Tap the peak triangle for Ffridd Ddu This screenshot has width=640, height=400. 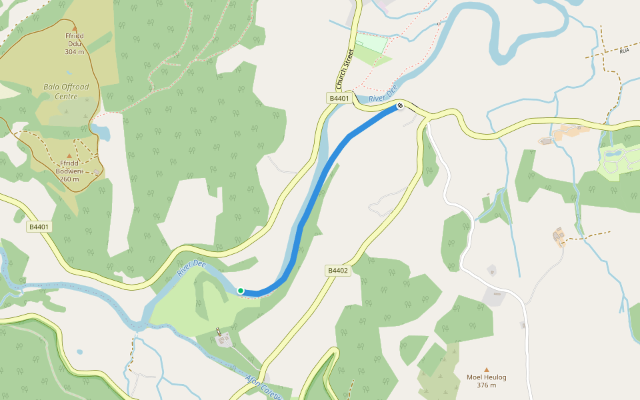(74, 27)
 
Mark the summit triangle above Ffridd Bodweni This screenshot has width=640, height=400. (69, 155)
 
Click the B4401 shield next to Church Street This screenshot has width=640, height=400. (339, 98)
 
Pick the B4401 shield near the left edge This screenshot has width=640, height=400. (39, 227)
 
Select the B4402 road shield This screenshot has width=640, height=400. (338, 270)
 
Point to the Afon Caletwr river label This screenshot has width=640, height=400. (265, 387)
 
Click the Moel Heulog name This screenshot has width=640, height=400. (487, 377)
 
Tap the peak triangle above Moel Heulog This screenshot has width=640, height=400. (487, 369)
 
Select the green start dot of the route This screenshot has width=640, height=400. (241, 291)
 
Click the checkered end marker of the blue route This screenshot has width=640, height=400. (400, 106)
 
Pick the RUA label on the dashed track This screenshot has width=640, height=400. (624, 51)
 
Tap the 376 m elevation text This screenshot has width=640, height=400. (487, 385)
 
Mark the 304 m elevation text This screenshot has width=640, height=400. (74, 51)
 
